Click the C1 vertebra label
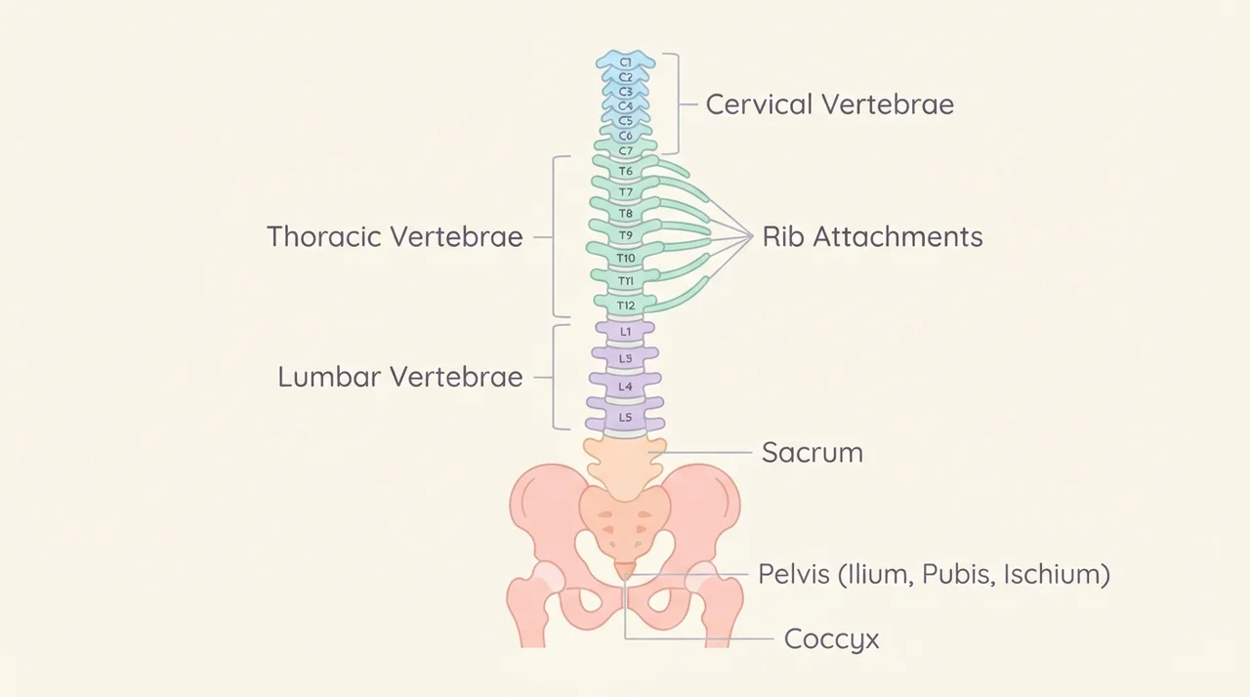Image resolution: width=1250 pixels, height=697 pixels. pyautogui.click(x=626, y=62)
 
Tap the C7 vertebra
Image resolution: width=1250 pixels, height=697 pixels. pyautogui.click(x=626, y=149)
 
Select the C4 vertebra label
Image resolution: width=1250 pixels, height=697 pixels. pyautogui.click(x=626, y=106)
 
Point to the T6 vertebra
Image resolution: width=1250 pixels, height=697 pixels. pyautogui.click(x=626, y=170)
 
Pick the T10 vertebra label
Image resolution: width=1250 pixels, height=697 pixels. pyautogui.click(x=626, y=258)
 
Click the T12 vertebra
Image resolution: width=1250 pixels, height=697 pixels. pyautogui.click(x=626, y=305)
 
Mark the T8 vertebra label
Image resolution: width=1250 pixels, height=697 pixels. pyautogui.click(x=626, y=214)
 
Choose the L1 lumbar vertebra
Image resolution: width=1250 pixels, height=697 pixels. pyautogui.click(x=626, y=331)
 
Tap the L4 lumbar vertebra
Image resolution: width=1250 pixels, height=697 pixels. pyautogui.click(x=626, y=386)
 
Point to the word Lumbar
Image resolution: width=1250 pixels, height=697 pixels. pyautogui.click(x=329, y=377)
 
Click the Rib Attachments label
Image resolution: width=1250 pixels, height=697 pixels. pyautogui.click(x=872, y=236)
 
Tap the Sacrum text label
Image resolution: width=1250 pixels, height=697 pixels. pyautogui.click(x=812, y=452)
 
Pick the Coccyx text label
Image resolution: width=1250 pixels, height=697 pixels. pyautogui.click(x=831, y=639)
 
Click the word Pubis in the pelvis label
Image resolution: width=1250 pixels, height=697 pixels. pyautogui.click(x=959, y=574)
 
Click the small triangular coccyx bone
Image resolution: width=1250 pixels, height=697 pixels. pyautogui.click(x=625, y=571)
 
